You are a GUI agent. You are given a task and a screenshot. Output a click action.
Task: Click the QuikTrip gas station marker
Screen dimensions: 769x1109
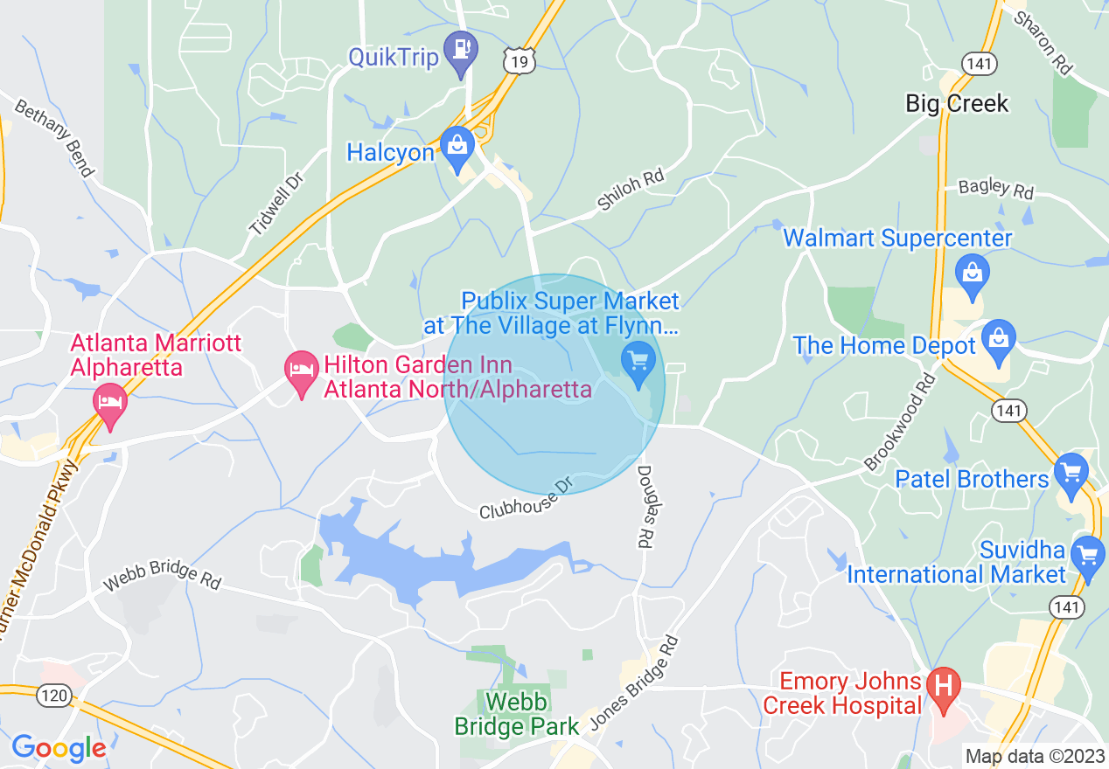pos(460,52)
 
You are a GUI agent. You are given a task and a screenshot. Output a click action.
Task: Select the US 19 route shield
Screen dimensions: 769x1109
pos(519,59)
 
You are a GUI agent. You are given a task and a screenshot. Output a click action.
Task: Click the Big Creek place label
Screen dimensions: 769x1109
pos(957,104)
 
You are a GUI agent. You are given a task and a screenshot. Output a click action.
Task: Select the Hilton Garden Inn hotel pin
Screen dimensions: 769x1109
pos(302,372)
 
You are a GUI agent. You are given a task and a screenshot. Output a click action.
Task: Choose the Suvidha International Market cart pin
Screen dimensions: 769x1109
pos(1089,557)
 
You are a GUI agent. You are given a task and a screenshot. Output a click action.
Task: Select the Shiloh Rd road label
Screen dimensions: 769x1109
pos(631,190)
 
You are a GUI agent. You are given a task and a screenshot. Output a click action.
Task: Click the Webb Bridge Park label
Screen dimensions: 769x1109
pos(516,713)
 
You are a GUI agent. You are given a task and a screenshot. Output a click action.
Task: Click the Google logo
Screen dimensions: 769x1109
pos(59,748)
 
